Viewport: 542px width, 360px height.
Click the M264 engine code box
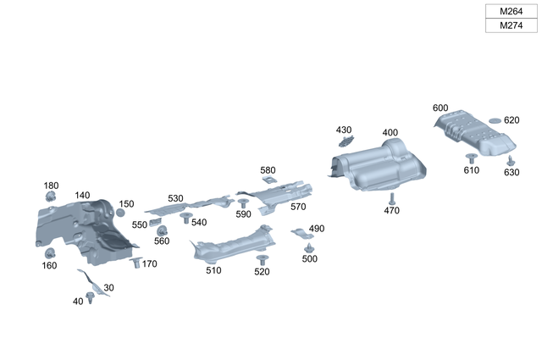click(511, 11)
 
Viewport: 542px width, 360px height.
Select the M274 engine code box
click(511, 26)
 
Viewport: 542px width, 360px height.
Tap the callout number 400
click(390, 133)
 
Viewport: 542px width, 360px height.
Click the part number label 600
click(440, 108)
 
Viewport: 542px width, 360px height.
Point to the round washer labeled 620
click(495, 121)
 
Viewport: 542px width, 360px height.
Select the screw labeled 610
click(471, 158)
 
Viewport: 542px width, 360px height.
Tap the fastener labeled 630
click(511, 159)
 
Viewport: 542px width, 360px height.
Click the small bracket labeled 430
click(346, 141)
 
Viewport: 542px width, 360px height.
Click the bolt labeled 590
click(243, 203)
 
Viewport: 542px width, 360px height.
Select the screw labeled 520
click(262, 259)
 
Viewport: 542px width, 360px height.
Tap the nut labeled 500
click(309, 247)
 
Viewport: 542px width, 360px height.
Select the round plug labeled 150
click(120, 213)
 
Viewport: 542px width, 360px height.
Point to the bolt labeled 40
click(90, 296)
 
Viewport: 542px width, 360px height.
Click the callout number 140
click(82, 196)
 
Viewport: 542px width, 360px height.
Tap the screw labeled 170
click(135, 263)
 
